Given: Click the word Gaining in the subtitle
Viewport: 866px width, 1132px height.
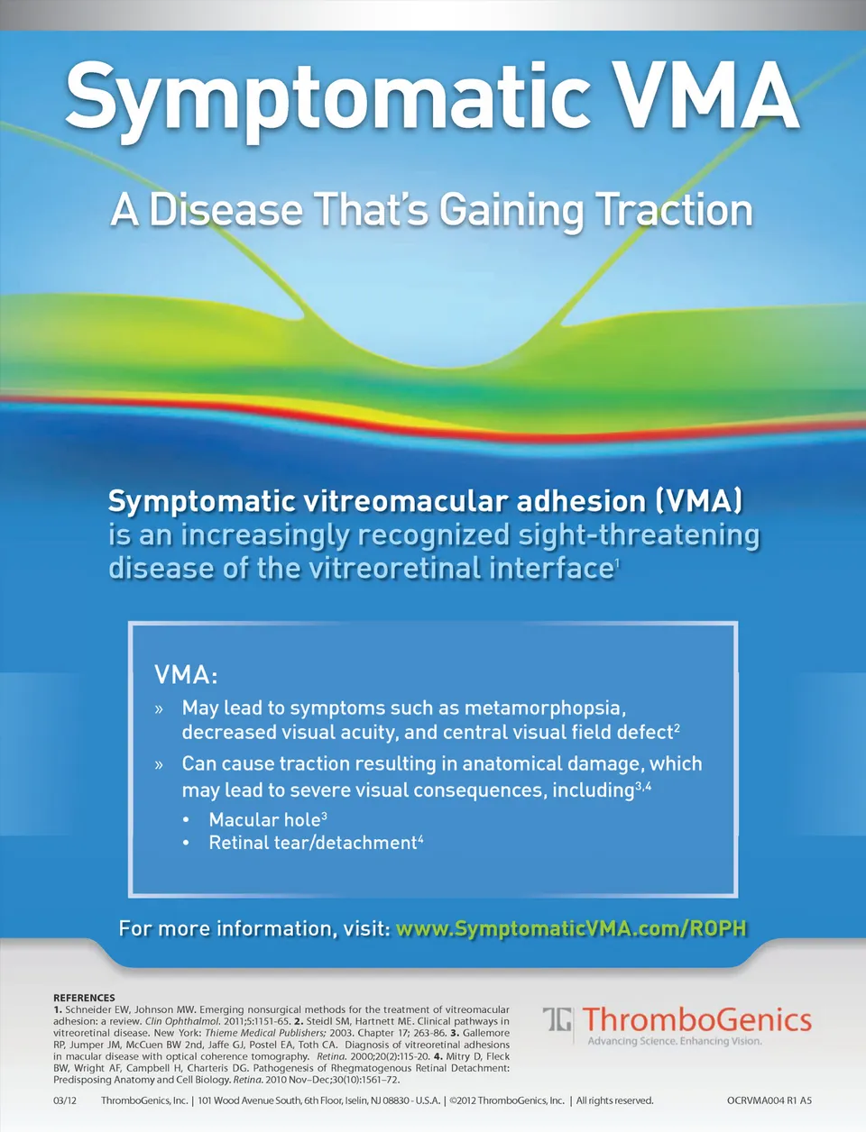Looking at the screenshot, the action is coord(511,212).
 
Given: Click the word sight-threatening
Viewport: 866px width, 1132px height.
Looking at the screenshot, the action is coord(639,536).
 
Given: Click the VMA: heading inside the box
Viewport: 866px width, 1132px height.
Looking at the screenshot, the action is coord(186,674).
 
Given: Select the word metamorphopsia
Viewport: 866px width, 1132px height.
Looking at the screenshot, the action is coord(545,709).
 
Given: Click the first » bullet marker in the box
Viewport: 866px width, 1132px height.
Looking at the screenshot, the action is coord(159,709).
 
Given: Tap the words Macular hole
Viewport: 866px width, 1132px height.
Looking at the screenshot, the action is coord(264,819).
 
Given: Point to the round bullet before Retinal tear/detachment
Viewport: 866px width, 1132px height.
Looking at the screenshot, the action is coord(187,843).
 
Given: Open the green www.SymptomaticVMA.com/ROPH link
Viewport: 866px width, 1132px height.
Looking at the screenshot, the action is coord(571,929).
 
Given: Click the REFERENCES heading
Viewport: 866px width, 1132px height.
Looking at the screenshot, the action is coord(84,998).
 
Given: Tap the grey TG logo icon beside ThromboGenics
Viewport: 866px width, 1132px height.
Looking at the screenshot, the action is coord(557,1019).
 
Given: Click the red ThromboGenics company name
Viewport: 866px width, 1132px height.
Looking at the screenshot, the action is coord(697,1019).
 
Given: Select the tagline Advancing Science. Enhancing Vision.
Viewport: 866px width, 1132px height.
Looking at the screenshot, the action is coord(675,1041).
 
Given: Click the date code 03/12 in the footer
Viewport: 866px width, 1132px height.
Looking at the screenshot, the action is coord(65,1100).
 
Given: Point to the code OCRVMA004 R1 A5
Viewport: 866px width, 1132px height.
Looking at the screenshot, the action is coord(769,1100).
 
